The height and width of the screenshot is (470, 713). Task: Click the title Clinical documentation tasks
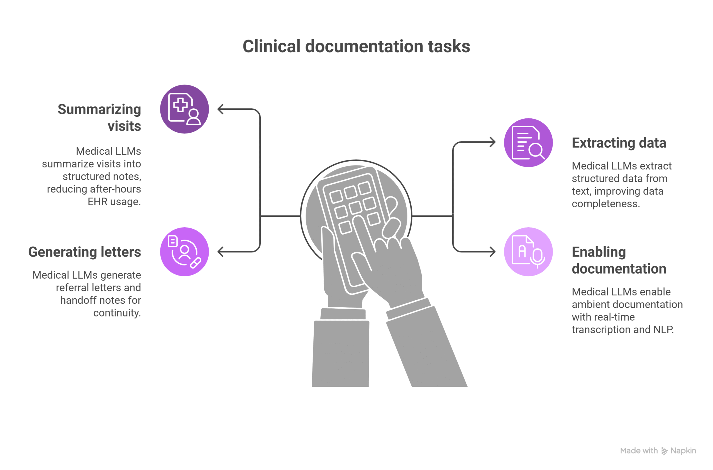pos(356,47)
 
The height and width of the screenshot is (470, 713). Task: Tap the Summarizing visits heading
pos(99,118)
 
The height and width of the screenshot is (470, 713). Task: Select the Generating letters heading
pos(84,252)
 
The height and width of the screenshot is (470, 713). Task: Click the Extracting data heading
pos(619,143)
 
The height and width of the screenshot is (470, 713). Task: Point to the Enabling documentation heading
pos(619,260)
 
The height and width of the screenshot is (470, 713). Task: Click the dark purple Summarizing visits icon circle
pos(184,109)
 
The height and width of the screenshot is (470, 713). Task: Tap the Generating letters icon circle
pos(184,252)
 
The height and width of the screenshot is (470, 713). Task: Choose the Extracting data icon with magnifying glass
pos(528,143)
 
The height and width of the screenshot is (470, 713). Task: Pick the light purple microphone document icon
pos(528,252)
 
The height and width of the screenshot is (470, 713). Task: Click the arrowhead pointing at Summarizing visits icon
pos(221,109)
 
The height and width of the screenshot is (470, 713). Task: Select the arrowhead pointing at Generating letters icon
pos(221,252)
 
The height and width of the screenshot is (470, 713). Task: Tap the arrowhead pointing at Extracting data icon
pos(492,142)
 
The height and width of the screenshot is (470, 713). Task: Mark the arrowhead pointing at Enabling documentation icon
pos(492,252)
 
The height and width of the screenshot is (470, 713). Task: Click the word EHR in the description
pos(97,202)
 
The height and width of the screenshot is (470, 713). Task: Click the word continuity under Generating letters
pos(117,313)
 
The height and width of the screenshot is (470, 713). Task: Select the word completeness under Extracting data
pos(605,204)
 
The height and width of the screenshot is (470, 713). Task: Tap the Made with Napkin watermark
pos(658,450)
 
